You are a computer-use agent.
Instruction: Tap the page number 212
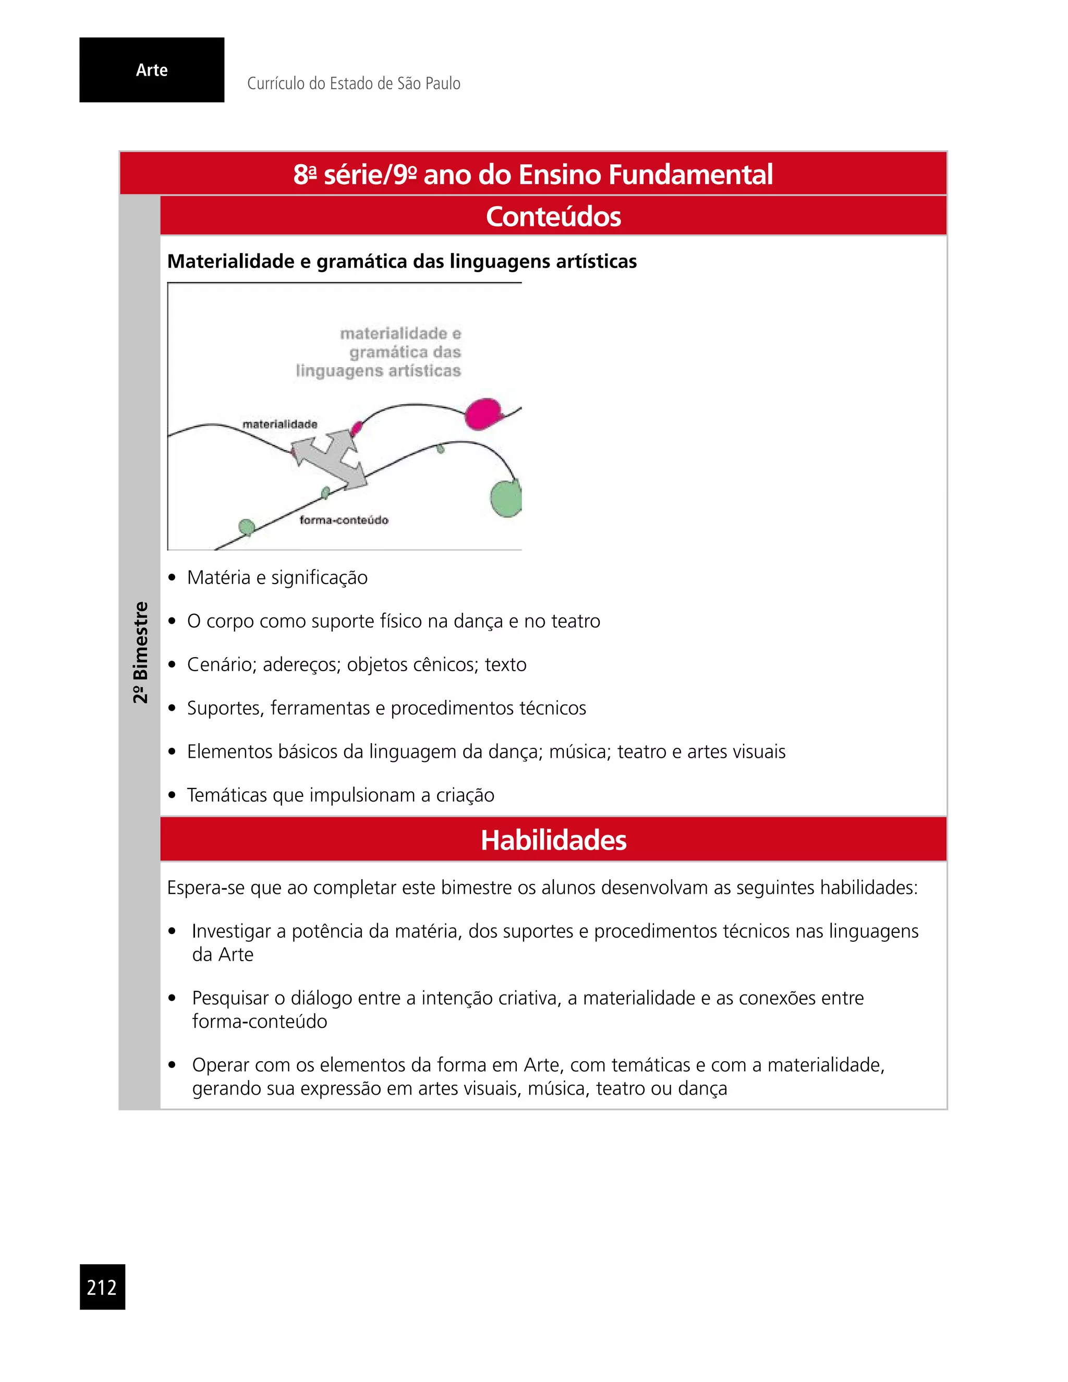click(102, 1287)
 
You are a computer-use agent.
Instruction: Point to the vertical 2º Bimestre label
click(140, 652)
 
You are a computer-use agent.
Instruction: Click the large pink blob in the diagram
click(483, 414)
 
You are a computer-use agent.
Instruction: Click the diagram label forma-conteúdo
click(344, 520)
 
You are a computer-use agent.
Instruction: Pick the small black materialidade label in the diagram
click(280, 424)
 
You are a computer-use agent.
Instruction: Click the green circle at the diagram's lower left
click(246, 527)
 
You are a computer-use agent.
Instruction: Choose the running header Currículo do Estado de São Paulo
click(353, 83)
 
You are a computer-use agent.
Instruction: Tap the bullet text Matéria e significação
click(277, 578)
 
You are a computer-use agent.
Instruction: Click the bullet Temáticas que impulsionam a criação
click(341, 795)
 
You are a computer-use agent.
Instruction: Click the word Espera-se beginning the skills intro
click(205, 888)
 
